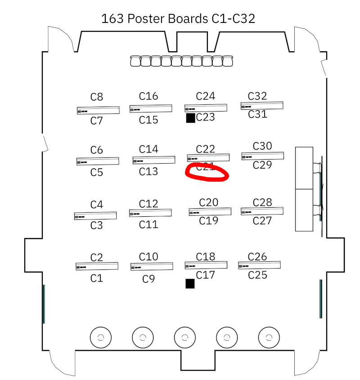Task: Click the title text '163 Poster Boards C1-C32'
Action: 178,19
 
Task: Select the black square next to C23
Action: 190,118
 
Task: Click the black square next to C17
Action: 190,283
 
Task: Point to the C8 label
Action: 97,97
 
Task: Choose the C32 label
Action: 257,96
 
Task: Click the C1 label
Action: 97,278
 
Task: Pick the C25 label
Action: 258,275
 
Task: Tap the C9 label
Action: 148,279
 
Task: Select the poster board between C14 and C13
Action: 154,160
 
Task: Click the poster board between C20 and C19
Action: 210,211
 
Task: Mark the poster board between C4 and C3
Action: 95,216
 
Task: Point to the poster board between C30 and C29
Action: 262,156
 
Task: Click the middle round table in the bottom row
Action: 184,337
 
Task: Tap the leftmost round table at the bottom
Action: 101,337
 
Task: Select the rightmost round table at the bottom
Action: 269,337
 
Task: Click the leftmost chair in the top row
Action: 135,61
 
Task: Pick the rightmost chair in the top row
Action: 228,61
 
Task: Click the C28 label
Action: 262,202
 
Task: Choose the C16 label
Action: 148,96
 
